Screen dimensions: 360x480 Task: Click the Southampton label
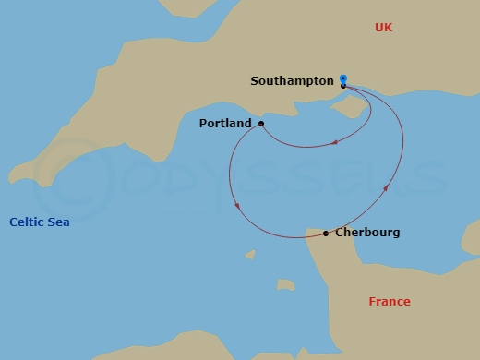(x=292, y=81)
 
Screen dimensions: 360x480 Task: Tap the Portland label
(x=225, y=123)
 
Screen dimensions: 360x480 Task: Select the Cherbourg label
(x=367, y=233)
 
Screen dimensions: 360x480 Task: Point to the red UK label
(x=383, y=28)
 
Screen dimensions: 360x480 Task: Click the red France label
(x=390, y=302)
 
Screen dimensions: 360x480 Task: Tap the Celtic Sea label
(x=40, y=222)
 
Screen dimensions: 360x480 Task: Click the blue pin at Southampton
(x=343, y=79)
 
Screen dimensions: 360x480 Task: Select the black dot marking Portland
(x=261, y=123)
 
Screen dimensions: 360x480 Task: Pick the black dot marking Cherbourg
(x=326, y=234)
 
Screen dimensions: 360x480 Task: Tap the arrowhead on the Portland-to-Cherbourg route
(x=238, y=206)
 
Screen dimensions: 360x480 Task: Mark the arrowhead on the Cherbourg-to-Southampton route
(x=386, y=188)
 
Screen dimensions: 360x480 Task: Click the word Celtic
(x=27, y=222)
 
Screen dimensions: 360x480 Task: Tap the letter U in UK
(x=378, y=28)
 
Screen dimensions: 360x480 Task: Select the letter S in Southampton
(x=255, y=81)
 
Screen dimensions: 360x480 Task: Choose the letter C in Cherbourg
(x=340, y=233)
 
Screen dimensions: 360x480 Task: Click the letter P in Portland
(x=203, y=123)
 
